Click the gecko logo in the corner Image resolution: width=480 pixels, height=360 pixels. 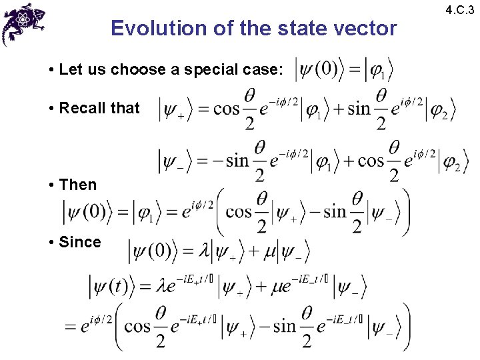[23, 23]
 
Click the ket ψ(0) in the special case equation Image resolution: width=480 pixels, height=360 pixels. [318, 70]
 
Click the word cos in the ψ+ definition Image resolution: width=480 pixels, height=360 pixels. [226, 109]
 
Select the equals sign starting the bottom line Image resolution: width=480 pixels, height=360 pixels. [71, 327]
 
